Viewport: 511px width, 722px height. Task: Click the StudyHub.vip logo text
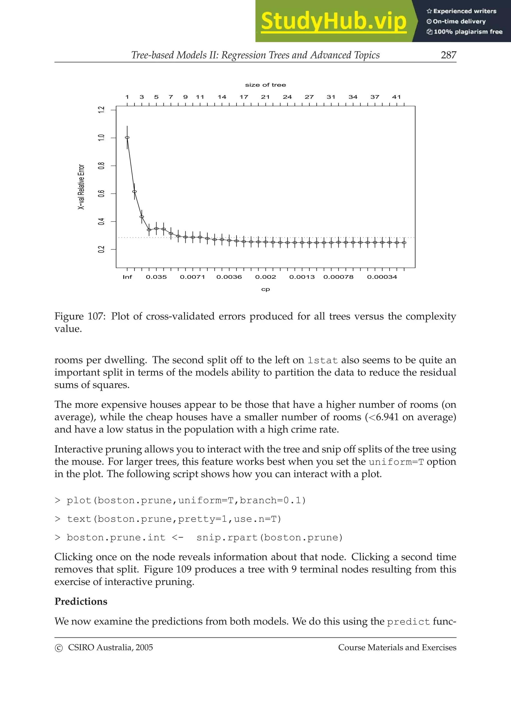[x=333, y=21]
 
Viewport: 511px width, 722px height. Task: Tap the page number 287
[x=448, y=55]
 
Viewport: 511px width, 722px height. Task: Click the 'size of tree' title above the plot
[x=265, y=85]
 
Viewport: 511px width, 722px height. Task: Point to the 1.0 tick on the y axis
[x=101, y=138]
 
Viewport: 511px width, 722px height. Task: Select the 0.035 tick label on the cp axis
[x=156, y=277]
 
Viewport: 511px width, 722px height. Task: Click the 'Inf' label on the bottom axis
[x=127, y=277]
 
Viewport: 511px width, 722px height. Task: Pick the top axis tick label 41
[x=396, y=97]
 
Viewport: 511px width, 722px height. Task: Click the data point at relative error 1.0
[x=127, y=138]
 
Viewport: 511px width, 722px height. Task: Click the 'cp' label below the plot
[x=265, y=289]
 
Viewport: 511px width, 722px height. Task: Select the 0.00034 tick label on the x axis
[x=382, y=277]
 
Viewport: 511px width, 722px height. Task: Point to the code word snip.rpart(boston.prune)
[x=269, y=537]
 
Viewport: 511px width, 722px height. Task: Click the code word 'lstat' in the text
[x=322, y=360]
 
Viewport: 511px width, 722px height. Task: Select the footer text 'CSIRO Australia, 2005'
[x=110, y=648]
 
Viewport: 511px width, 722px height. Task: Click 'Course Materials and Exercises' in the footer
[x=397, y=648]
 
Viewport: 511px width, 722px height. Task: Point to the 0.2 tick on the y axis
[x=101, y=249]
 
